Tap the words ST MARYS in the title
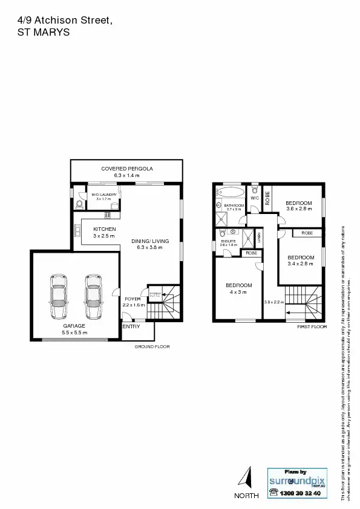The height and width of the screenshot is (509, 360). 44,33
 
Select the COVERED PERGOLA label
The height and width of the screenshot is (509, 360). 127,168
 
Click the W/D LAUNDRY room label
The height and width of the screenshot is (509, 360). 104,194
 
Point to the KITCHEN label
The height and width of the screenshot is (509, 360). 105,229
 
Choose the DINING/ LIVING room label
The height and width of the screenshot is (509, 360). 150,241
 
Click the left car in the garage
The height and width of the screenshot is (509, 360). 59,297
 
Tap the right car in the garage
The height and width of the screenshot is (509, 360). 93,297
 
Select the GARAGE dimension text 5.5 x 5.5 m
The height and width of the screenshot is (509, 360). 74,332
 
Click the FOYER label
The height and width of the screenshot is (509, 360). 133,299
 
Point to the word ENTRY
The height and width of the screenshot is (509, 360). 131,326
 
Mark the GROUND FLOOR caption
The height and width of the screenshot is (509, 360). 152,347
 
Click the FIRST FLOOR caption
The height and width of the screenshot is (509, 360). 312,326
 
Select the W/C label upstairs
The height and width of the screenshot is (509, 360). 255,197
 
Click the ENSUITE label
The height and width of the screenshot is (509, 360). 228,240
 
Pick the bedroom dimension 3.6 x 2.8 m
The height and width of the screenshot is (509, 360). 299,209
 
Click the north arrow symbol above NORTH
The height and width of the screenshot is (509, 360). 246,477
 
